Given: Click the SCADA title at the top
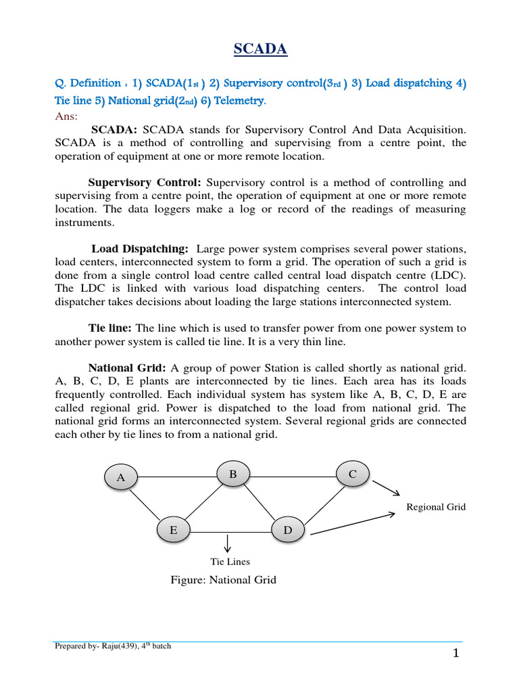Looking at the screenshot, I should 259,49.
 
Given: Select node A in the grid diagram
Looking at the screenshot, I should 121,477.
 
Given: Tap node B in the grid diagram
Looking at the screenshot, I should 232,474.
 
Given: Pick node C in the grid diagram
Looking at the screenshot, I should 352,474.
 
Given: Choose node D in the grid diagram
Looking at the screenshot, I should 288,531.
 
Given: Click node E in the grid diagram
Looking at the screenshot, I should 174,531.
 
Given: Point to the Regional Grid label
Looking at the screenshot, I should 436,507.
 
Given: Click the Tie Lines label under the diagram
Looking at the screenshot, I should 230,561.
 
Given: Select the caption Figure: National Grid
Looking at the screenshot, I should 224,580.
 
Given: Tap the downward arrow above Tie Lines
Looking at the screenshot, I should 228,541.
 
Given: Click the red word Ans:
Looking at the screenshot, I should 66,116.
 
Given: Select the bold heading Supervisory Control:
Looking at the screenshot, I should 145,183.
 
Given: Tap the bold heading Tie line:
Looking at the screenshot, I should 111,328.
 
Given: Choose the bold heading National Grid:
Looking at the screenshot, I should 127,368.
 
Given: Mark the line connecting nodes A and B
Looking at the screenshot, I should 177,477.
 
